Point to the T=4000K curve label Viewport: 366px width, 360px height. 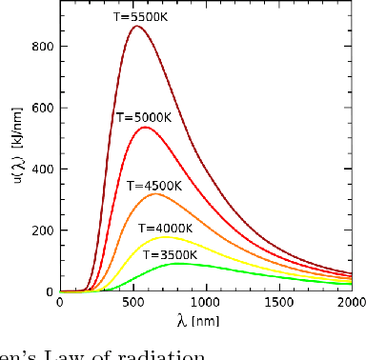click(x=165, y=228)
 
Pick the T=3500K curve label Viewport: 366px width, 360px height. click(x=170, y=254)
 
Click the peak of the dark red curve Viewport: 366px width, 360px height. click(x=137, y=27)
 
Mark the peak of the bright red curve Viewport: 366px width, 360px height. click(x=145, y=127)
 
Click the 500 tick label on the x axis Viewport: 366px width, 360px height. click(x=132, y=303)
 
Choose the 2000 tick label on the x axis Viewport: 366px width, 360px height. click(x=349, y=303)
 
